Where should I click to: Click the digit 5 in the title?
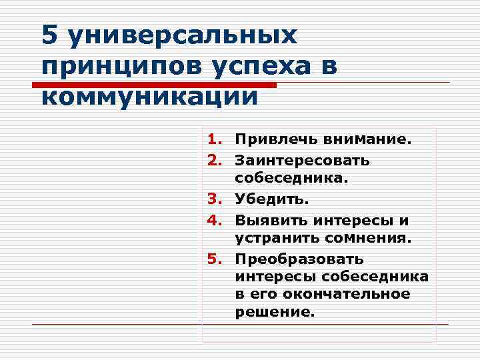(50, 35)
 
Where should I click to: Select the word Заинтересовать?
(302, 161)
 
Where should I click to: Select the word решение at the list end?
(273, 311)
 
